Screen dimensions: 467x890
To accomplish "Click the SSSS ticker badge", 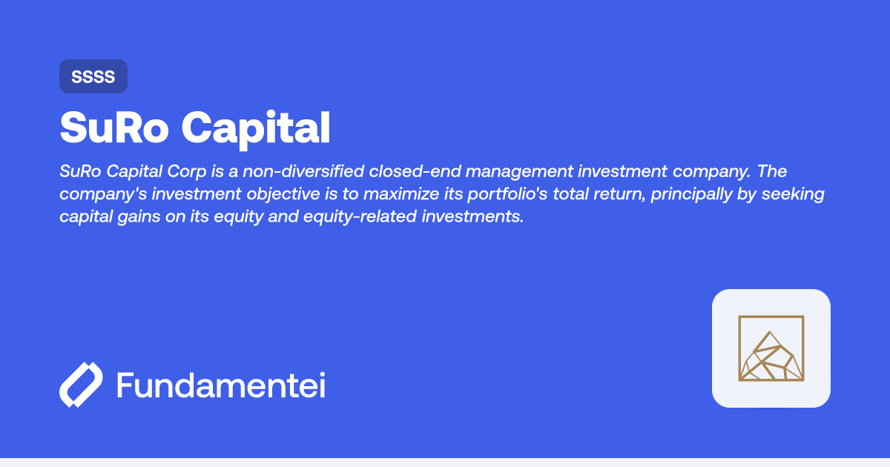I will click(93, 76).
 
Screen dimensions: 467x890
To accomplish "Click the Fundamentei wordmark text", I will click(221, 386).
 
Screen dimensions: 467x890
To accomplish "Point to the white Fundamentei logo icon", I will click(80, 385).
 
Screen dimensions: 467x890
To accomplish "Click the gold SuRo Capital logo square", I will click(771, 348).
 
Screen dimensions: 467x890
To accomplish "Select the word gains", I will click(137, 217).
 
